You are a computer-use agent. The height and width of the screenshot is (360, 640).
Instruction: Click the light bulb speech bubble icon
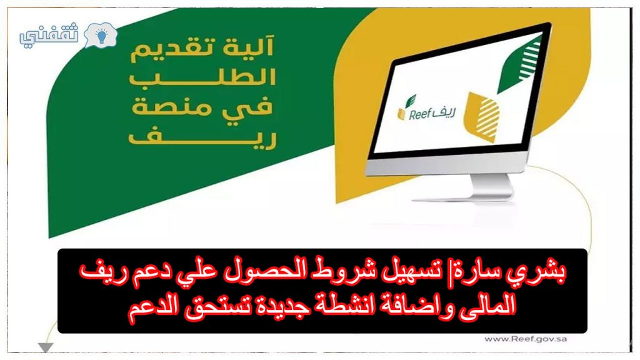(101, 35)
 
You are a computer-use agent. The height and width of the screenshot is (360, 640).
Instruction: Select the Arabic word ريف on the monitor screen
(444, 111)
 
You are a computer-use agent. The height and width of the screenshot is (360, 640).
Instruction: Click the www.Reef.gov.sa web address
(526, 339)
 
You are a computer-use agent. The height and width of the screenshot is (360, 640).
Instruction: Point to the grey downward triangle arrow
(46, 347)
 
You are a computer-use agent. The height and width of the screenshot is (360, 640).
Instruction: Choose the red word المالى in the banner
(490, 305)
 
